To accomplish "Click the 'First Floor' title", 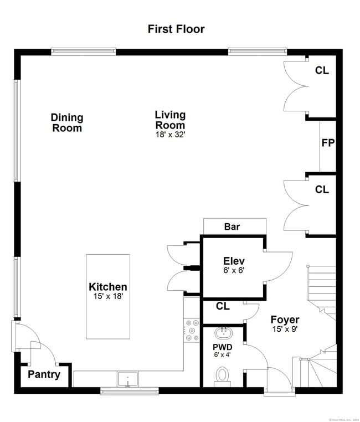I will (176, 29).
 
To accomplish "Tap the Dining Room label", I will (67, 122).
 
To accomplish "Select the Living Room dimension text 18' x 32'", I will (169, 134).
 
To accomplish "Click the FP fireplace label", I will (328, 143).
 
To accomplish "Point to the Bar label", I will (232, 227).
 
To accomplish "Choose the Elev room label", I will (234, 261).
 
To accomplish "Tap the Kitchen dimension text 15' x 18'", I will (107, 296).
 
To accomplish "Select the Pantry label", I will (44, 374).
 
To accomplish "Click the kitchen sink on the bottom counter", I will (127, 380).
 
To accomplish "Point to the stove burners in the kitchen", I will (192, 330).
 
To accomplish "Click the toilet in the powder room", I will (223, 375).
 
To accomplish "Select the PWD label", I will (223, 347).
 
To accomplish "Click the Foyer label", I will (285, 320).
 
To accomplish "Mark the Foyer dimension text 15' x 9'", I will (285, 330).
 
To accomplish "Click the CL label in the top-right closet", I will (322, 70).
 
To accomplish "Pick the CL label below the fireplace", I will (322, 189).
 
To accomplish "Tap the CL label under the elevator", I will (223, 306).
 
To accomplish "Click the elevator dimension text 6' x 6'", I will (234, 271).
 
